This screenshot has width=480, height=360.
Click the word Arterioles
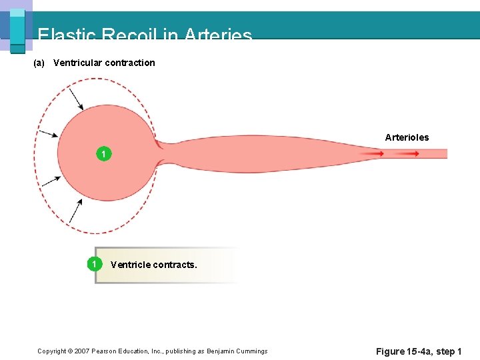[407, 137]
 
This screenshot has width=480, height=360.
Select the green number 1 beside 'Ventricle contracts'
[95, 264]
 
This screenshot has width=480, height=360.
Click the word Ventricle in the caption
[131, 265]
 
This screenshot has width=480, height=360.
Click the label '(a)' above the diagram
[39, 63]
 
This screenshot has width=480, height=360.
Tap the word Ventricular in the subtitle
[77, 63]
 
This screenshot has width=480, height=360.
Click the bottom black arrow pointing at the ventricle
[75, 211]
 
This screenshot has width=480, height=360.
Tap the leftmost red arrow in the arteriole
[373, 153]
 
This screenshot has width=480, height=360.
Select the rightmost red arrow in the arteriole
[408, 153]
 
